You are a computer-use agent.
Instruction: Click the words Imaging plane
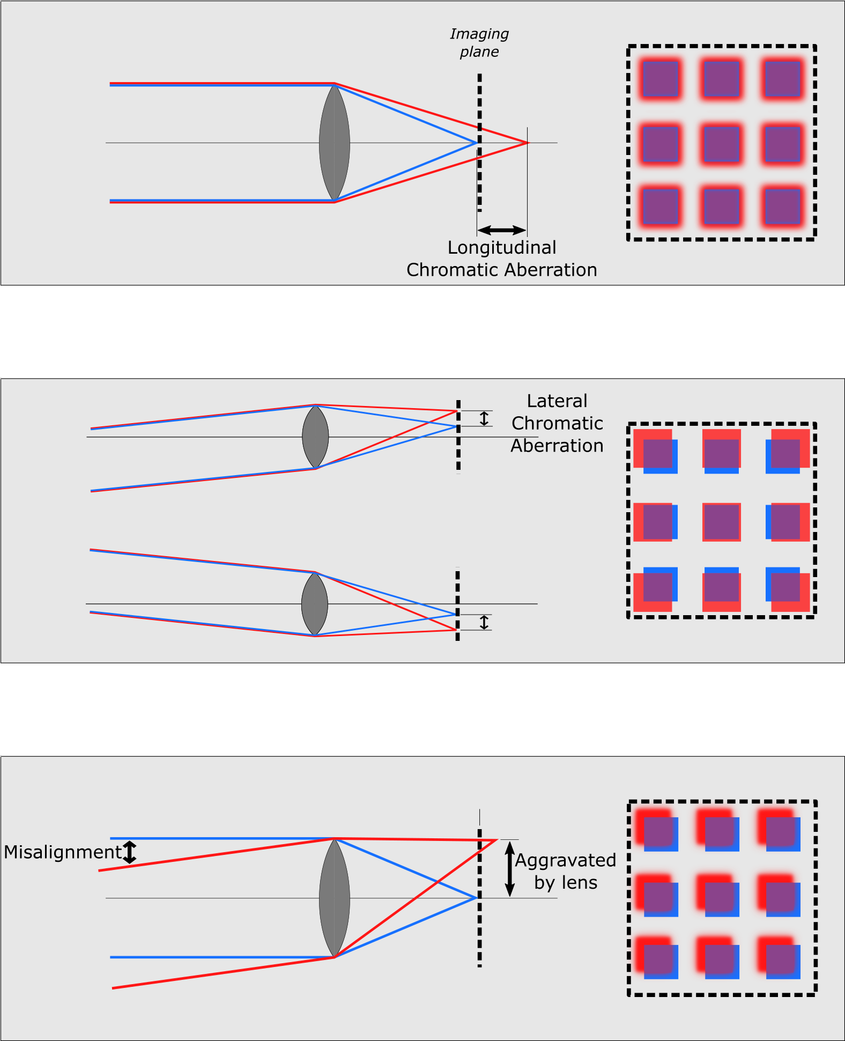coord(479,43)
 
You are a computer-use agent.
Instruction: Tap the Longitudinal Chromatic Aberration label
coord(502,259)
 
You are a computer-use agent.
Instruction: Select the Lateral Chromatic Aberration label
coord(557,423)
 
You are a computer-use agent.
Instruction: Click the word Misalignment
coord(63,852)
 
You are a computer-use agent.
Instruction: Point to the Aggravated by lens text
coord(566,872)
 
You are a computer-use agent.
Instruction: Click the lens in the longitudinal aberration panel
coord(335,143)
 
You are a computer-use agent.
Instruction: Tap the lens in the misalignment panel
coord(335,898)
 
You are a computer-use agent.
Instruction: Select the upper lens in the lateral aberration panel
coord(315,437)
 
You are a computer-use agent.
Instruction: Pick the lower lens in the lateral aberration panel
coord(315,604)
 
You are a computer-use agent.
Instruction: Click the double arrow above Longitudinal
coord(502,230)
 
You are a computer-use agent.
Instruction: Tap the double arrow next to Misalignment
coord(130,852)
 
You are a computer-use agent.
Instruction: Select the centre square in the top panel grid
coord(722,143)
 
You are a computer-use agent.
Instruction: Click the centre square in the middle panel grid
coord(722,522)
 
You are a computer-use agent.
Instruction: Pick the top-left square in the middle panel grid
coord(655,451)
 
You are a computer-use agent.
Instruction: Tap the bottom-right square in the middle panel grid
coord(788,589)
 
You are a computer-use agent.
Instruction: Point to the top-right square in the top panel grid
coord(783,79)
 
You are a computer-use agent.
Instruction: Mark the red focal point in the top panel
coord(528,143)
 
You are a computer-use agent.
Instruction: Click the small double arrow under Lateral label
coord(484,418)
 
